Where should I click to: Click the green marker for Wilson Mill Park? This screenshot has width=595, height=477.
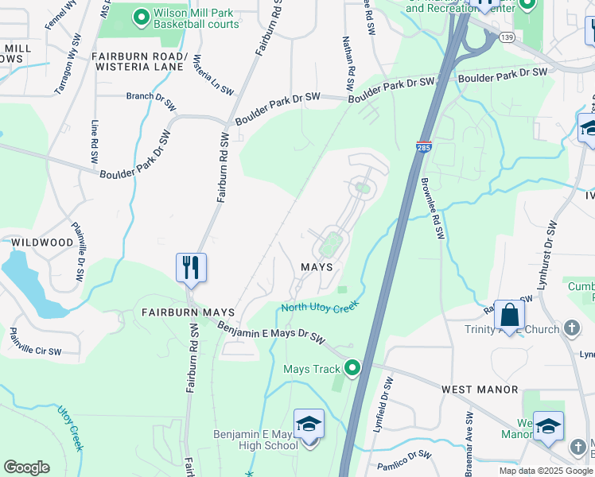click(142, 15)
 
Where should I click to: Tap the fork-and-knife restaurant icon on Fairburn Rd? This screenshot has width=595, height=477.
click(191, 266)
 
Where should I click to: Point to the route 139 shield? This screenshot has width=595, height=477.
click(506, 37)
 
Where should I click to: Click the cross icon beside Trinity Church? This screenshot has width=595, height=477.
click(571, 328)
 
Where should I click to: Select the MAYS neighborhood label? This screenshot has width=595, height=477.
click(316, 267)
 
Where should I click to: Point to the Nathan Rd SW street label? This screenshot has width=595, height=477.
click(348, 57)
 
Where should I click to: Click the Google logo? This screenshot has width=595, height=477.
click(26, 467)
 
